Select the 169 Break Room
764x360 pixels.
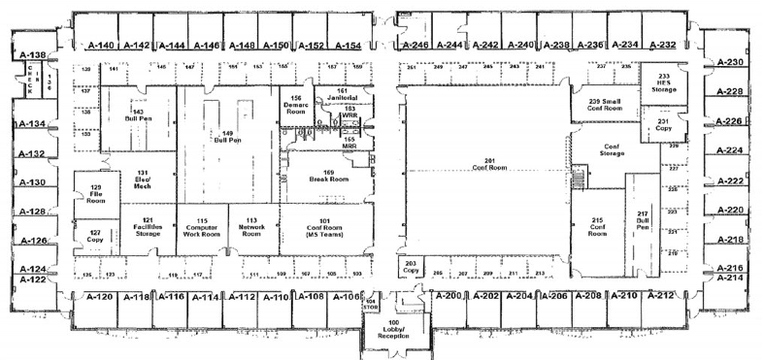tap(321, 176)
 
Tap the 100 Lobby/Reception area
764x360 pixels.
tap(393, 330)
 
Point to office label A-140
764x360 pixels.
tap(102, 46)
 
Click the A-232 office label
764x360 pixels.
tap(661, 45)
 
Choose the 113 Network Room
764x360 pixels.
tap(251, 224)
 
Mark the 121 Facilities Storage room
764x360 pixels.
tap(149, 225)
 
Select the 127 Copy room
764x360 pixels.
tap(95, 237)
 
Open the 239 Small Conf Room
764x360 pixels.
tap(605, 104)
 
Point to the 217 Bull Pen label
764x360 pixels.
tap(642, 220)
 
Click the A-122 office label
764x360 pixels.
tap(33, 279)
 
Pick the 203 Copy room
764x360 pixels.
tap(411, 266)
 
